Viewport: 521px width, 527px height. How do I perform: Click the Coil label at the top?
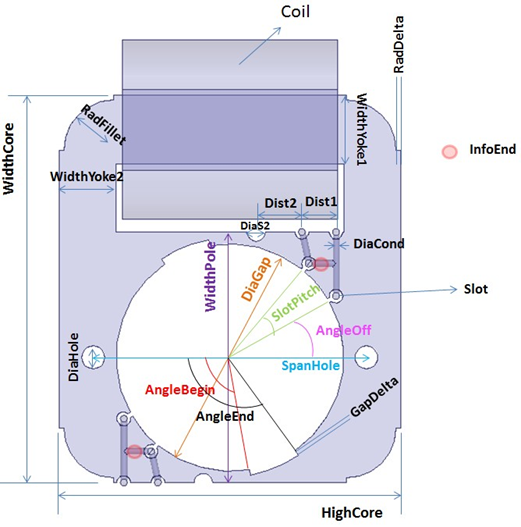[295, 12]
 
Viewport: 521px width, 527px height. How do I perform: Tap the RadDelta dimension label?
[399, 44]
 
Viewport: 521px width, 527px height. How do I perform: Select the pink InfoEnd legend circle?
[449, 152]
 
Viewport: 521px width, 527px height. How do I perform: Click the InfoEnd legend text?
[492, 149]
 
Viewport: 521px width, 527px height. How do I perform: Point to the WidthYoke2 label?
[87, 176]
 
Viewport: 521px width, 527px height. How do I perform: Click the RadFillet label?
[104, 124]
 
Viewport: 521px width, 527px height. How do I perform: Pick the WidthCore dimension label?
[9, 158]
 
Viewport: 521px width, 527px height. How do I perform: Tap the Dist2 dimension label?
[280, 203]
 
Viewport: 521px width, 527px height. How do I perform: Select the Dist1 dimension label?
[321, 201]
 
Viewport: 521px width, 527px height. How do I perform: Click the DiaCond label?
[379, 244]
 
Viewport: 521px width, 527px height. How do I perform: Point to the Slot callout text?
[476, 289]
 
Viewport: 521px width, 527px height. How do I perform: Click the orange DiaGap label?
[256, 279]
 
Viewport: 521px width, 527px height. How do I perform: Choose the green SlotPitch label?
[296, 303]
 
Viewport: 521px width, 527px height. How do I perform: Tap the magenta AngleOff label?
[344, 330]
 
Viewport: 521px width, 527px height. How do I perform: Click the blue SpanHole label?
[311, 365]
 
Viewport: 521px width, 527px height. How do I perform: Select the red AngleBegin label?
[180, 390]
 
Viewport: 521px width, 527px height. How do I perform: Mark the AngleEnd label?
[225, 416]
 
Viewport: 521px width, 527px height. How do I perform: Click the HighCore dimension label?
[352, 513]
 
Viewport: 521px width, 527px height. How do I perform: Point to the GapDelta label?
[374, 397]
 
